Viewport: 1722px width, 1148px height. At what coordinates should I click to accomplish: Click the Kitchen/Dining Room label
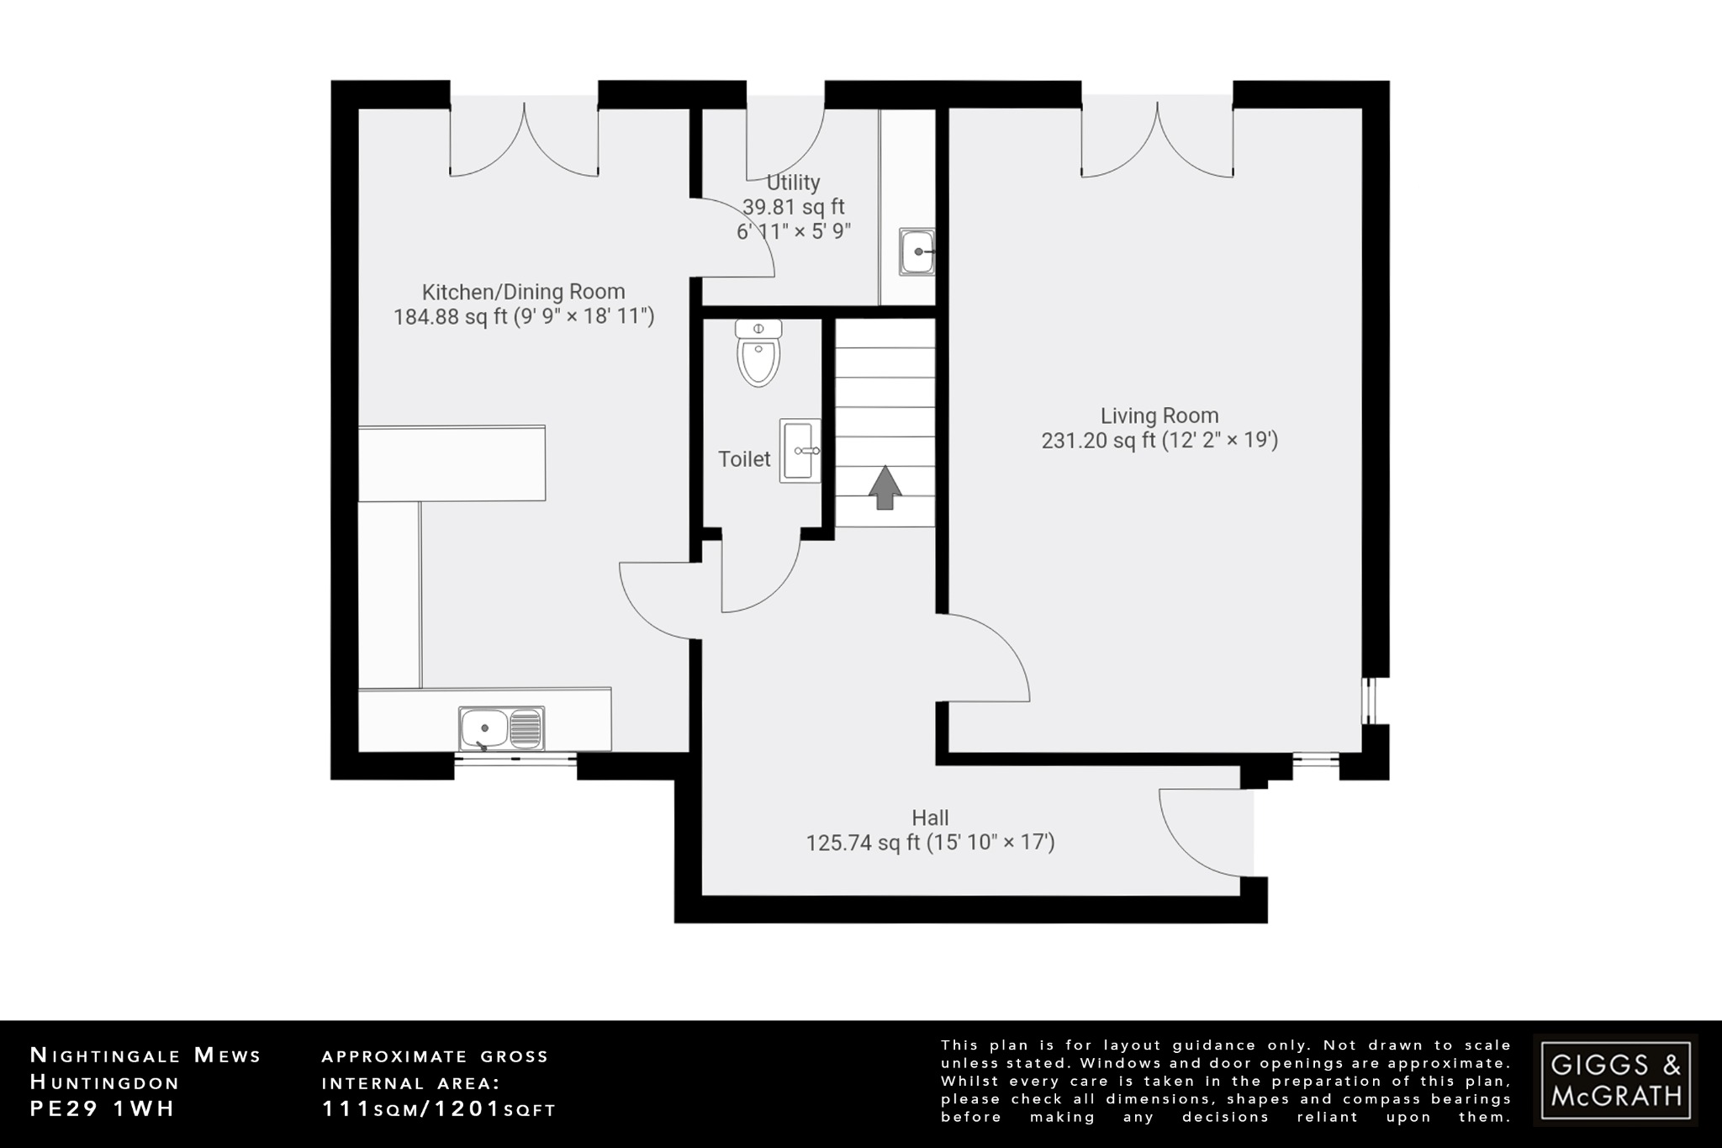coord(523,292)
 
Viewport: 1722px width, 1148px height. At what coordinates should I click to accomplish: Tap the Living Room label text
coord(1159,415)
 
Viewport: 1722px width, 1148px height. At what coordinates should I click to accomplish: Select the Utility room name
coord(793,183)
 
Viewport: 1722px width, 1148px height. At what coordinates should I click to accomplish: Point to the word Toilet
coord(744,459)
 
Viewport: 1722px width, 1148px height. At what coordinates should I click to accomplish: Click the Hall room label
coord(930,817)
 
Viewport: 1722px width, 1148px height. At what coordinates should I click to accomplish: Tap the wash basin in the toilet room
coord(800,451)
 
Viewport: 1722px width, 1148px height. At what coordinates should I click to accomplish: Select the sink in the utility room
coord(916,251)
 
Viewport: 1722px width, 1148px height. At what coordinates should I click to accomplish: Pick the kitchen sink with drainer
coord(501,727)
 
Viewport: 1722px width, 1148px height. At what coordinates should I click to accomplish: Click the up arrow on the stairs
coord(885,488)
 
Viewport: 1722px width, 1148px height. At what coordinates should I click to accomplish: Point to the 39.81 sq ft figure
coord(793,207)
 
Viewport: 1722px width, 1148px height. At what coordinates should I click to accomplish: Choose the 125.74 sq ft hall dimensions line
coord(930,843)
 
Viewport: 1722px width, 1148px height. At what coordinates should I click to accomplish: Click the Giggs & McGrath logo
coord(1615,1080)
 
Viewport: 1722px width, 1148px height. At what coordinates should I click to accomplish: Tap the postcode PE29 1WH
coord(103,1109)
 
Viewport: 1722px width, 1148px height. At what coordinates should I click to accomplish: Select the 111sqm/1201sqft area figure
coord(439,1109)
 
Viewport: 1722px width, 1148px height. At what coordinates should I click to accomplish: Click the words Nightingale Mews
coord(145,1055)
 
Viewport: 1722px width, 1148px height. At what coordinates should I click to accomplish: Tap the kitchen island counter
coord(452,463)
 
